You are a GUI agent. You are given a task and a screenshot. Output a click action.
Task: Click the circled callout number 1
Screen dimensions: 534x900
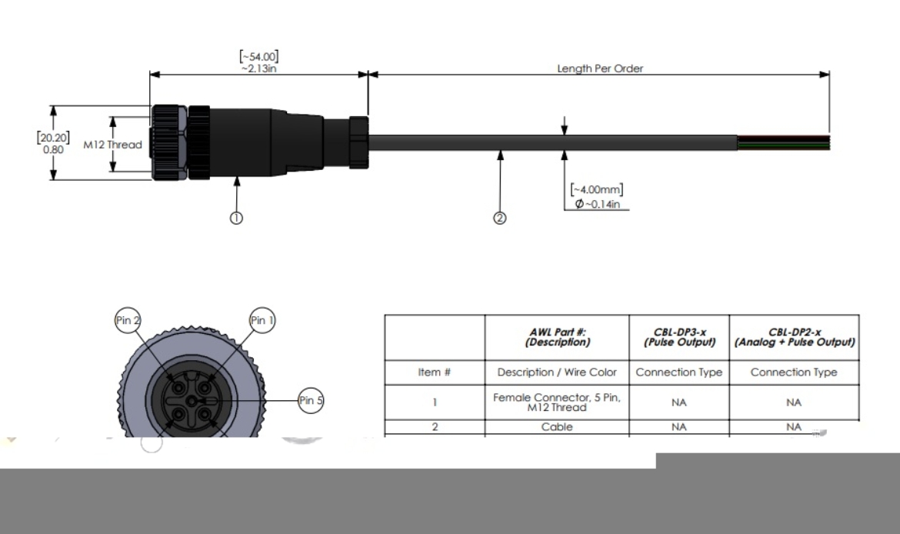[x=237, y=218]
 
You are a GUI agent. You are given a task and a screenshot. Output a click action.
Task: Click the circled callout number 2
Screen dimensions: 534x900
[x=500, y=218]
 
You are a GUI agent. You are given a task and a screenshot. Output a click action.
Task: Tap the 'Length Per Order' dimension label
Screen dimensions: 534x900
[x=600, y=68]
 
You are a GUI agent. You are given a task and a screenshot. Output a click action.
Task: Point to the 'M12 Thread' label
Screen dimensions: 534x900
[x=112, y=145]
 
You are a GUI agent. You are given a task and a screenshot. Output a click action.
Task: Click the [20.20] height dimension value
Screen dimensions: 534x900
[x=52, y=137]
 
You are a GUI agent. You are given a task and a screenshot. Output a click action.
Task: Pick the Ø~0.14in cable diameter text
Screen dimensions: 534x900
[x=598, y=203]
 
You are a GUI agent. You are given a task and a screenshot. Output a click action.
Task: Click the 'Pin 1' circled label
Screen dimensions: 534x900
[x=262, y=321]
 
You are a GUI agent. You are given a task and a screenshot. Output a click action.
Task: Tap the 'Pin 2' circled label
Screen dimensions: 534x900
[x=128, y=321]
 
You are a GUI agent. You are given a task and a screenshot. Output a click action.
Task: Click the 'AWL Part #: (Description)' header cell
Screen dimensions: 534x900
[x=557, y=337]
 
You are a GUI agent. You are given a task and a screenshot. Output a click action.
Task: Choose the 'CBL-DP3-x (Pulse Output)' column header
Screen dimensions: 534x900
[x=678, y=337]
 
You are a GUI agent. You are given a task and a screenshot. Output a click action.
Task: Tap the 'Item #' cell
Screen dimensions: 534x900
[x=434, y=372]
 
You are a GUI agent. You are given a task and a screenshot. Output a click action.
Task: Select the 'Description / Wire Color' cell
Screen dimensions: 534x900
[x=557, y=372]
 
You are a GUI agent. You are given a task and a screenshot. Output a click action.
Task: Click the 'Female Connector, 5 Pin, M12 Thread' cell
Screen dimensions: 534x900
[x=557, y=402]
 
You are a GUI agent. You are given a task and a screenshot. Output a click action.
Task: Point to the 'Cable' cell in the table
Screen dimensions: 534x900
[x=557, y=427]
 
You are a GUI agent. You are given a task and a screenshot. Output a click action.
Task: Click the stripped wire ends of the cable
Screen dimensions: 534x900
[x=783, y=142]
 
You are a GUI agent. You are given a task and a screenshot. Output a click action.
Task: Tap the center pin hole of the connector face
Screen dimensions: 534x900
[x=192, y=400]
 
